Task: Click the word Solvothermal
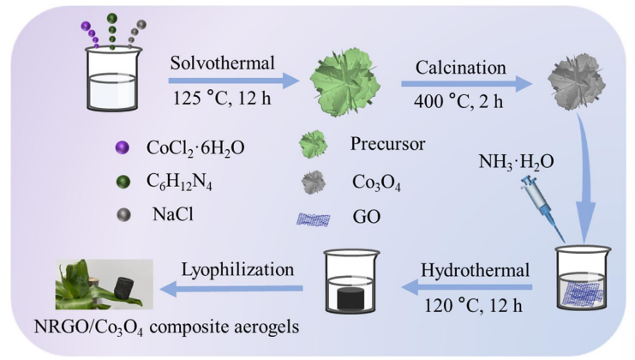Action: point(220,65)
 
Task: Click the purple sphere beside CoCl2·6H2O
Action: point(121,148)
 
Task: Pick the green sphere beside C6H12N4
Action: point(121,181)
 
